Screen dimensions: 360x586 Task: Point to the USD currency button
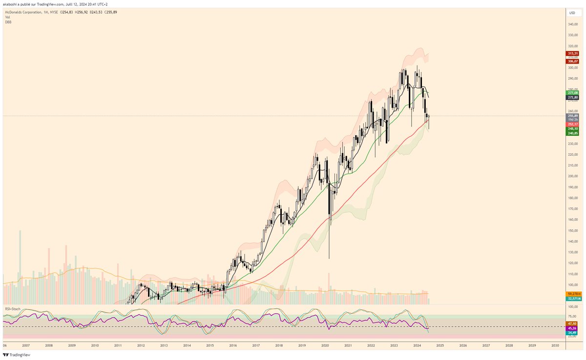pyautogui.click(x=572, y=13)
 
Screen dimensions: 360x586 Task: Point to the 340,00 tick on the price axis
pyautogui.click(x=572, y=24)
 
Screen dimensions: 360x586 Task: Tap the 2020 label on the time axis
pyautogui.click(x=325, y=345)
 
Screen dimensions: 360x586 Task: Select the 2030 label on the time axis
pyautogui.click(x=555, y=345)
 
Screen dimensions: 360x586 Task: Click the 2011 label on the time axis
pyautogui.click(x=118, y=345)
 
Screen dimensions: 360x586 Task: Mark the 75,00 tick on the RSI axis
pyautogui.click(x=572, y=316)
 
